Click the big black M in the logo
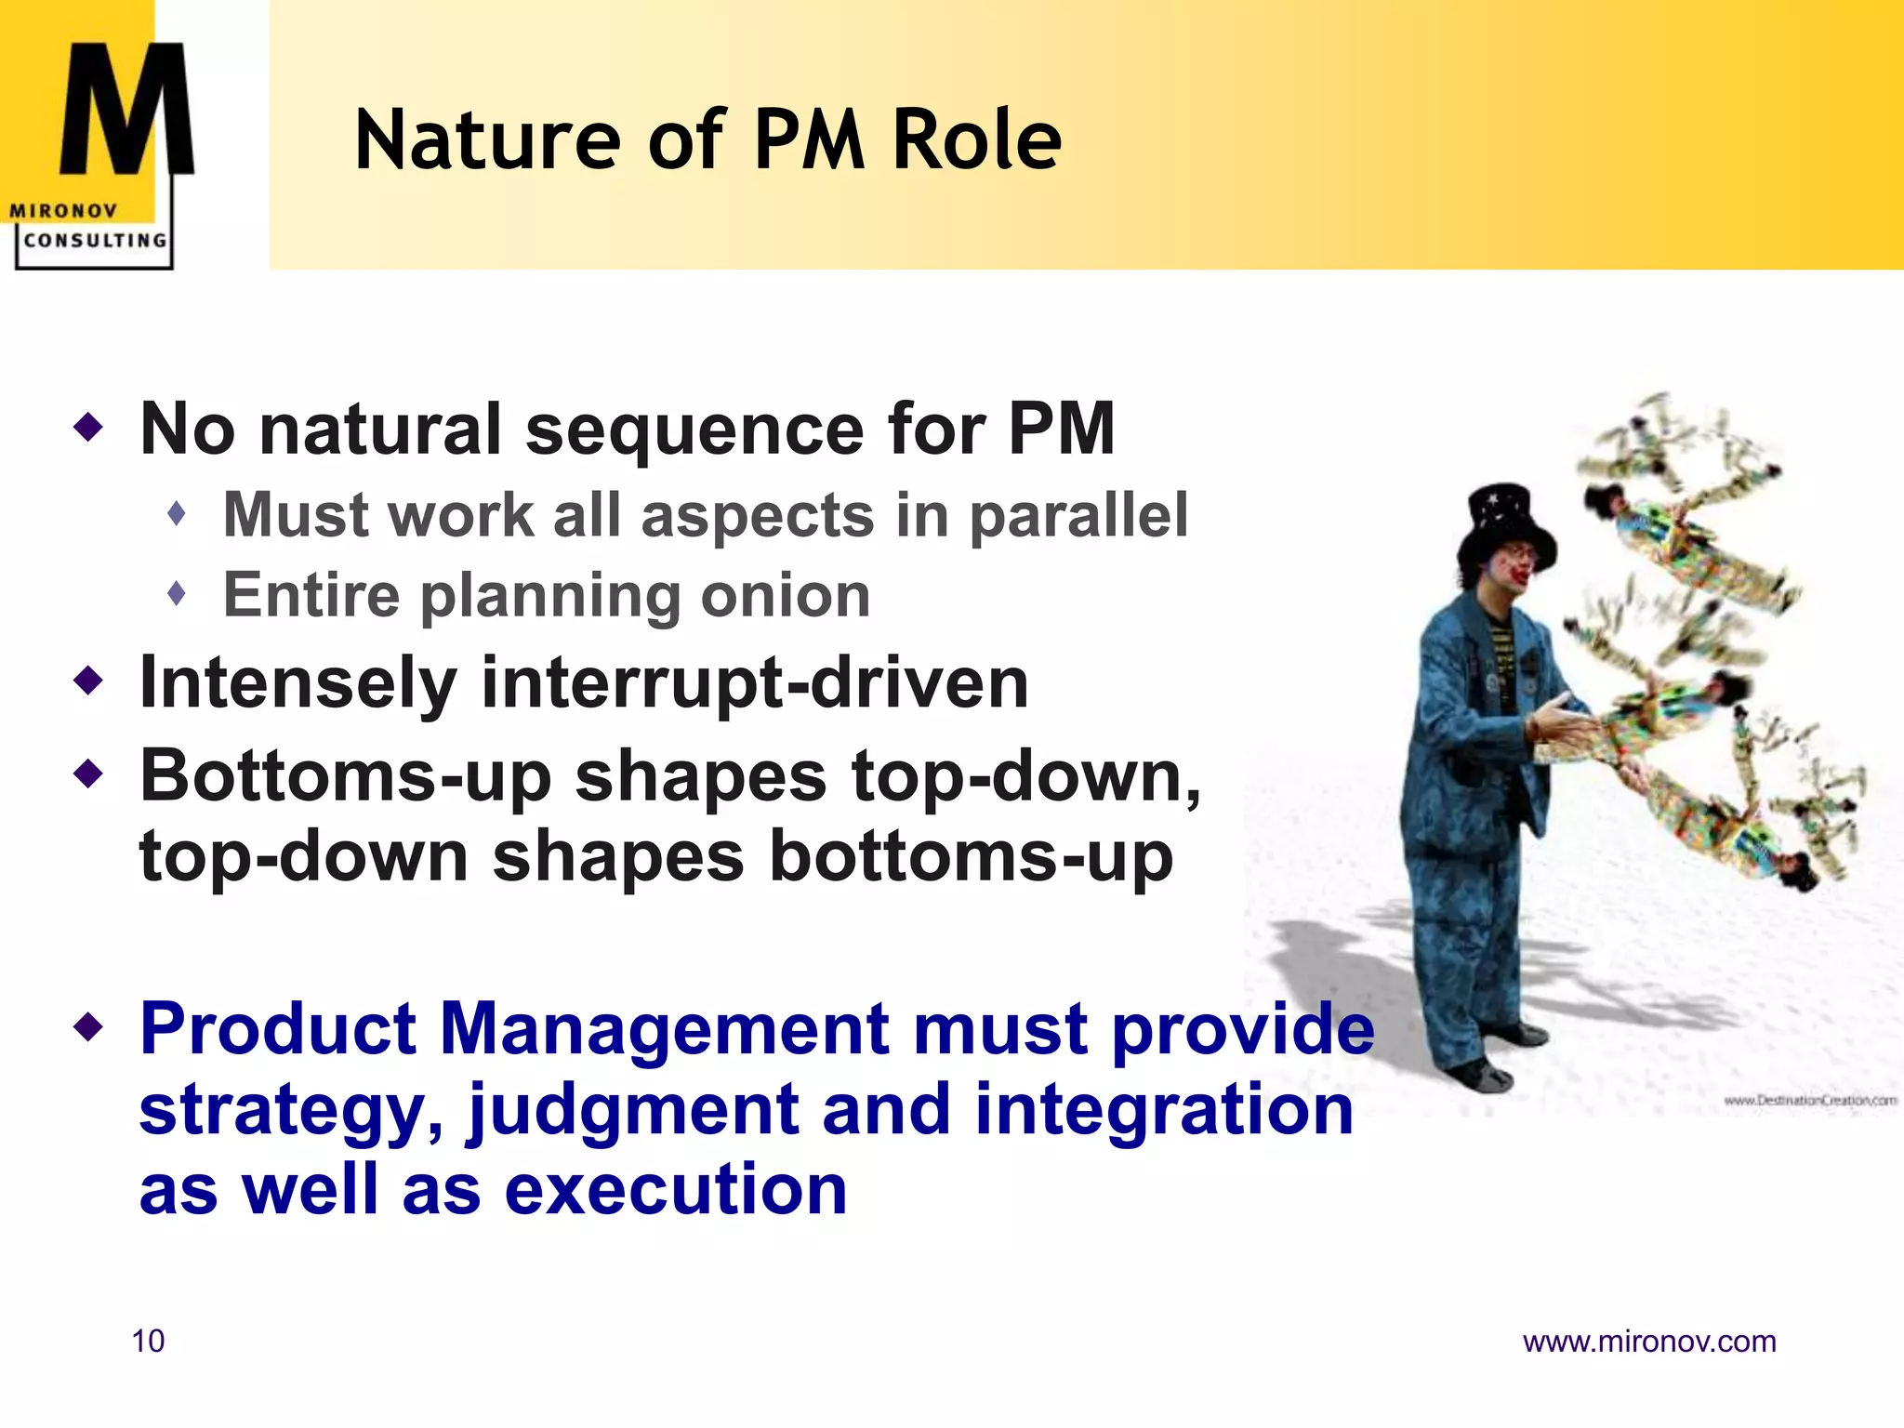(x=126, y=110)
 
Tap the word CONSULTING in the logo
(x=95, y=241)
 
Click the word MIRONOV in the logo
(x=63, y=211)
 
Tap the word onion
(x=786, y=595)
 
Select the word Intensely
(x=297, y=683)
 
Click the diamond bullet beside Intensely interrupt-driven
(x=89, y=681)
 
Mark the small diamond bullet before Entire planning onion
(x=177, y=593)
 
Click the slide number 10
(x=148, y=1341)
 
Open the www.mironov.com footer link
(x=1648, y=1342)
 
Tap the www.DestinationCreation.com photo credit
(x=1809, y=1101)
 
